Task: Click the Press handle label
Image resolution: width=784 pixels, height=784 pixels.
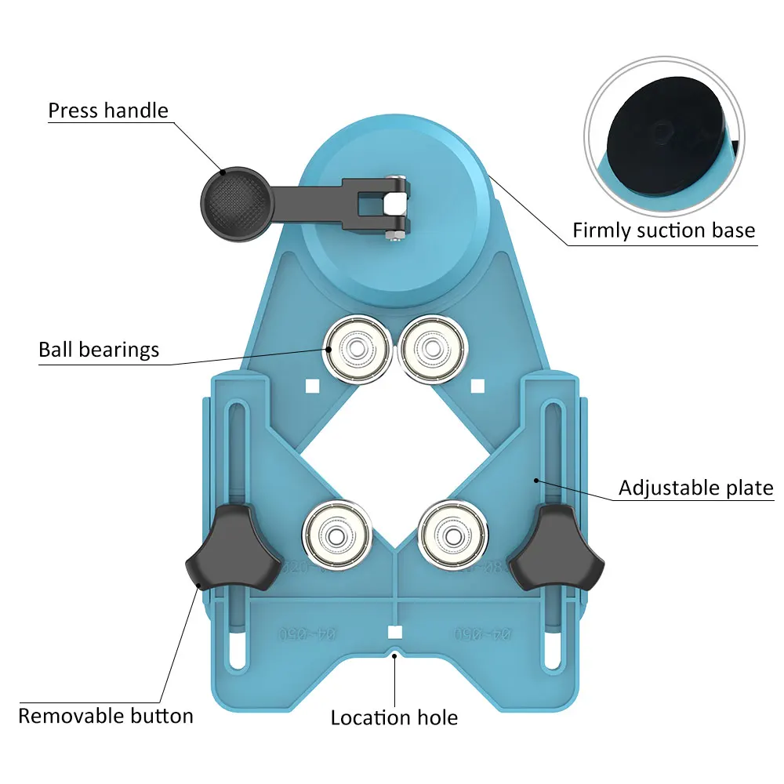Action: pyautogui.click(x=108, y=111)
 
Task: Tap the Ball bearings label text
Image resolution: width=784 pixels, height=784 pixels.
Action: pyautogui.click(x=99, y=350)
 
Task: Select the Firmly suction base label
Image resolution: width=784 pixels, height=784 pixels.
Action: pyautogui.click(x=663, y=230)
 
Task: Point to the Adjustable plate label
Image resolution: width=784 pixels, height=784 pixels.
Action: pyautogui.click(x=695, y=488)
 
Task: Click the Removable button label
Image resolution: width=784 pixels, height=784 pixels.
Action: pyautogui.click(x=105, y=716)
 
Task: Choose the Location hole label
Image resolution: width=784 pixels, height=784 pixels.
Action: pyautogui.click(x=394, y=717)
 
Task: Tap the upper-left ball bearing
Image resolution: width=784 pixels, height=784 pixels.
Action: pyautogui.click(x=358, y=347)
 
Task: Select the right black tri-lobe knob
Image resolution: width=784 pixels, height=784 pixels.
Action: pyautogui.click(x=557, y=552)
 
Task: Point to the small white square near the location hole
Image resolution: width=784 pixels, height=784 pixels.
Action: pyautogui.click(x=394, y=633)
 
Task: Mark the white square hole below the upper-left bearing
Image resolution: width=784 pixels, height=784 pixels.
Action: pyautogui.click(x=311, y=386)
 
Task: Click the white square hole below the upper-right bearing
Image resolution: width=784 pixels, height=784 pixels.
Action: pyautogui.click(x=477, y=385)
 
